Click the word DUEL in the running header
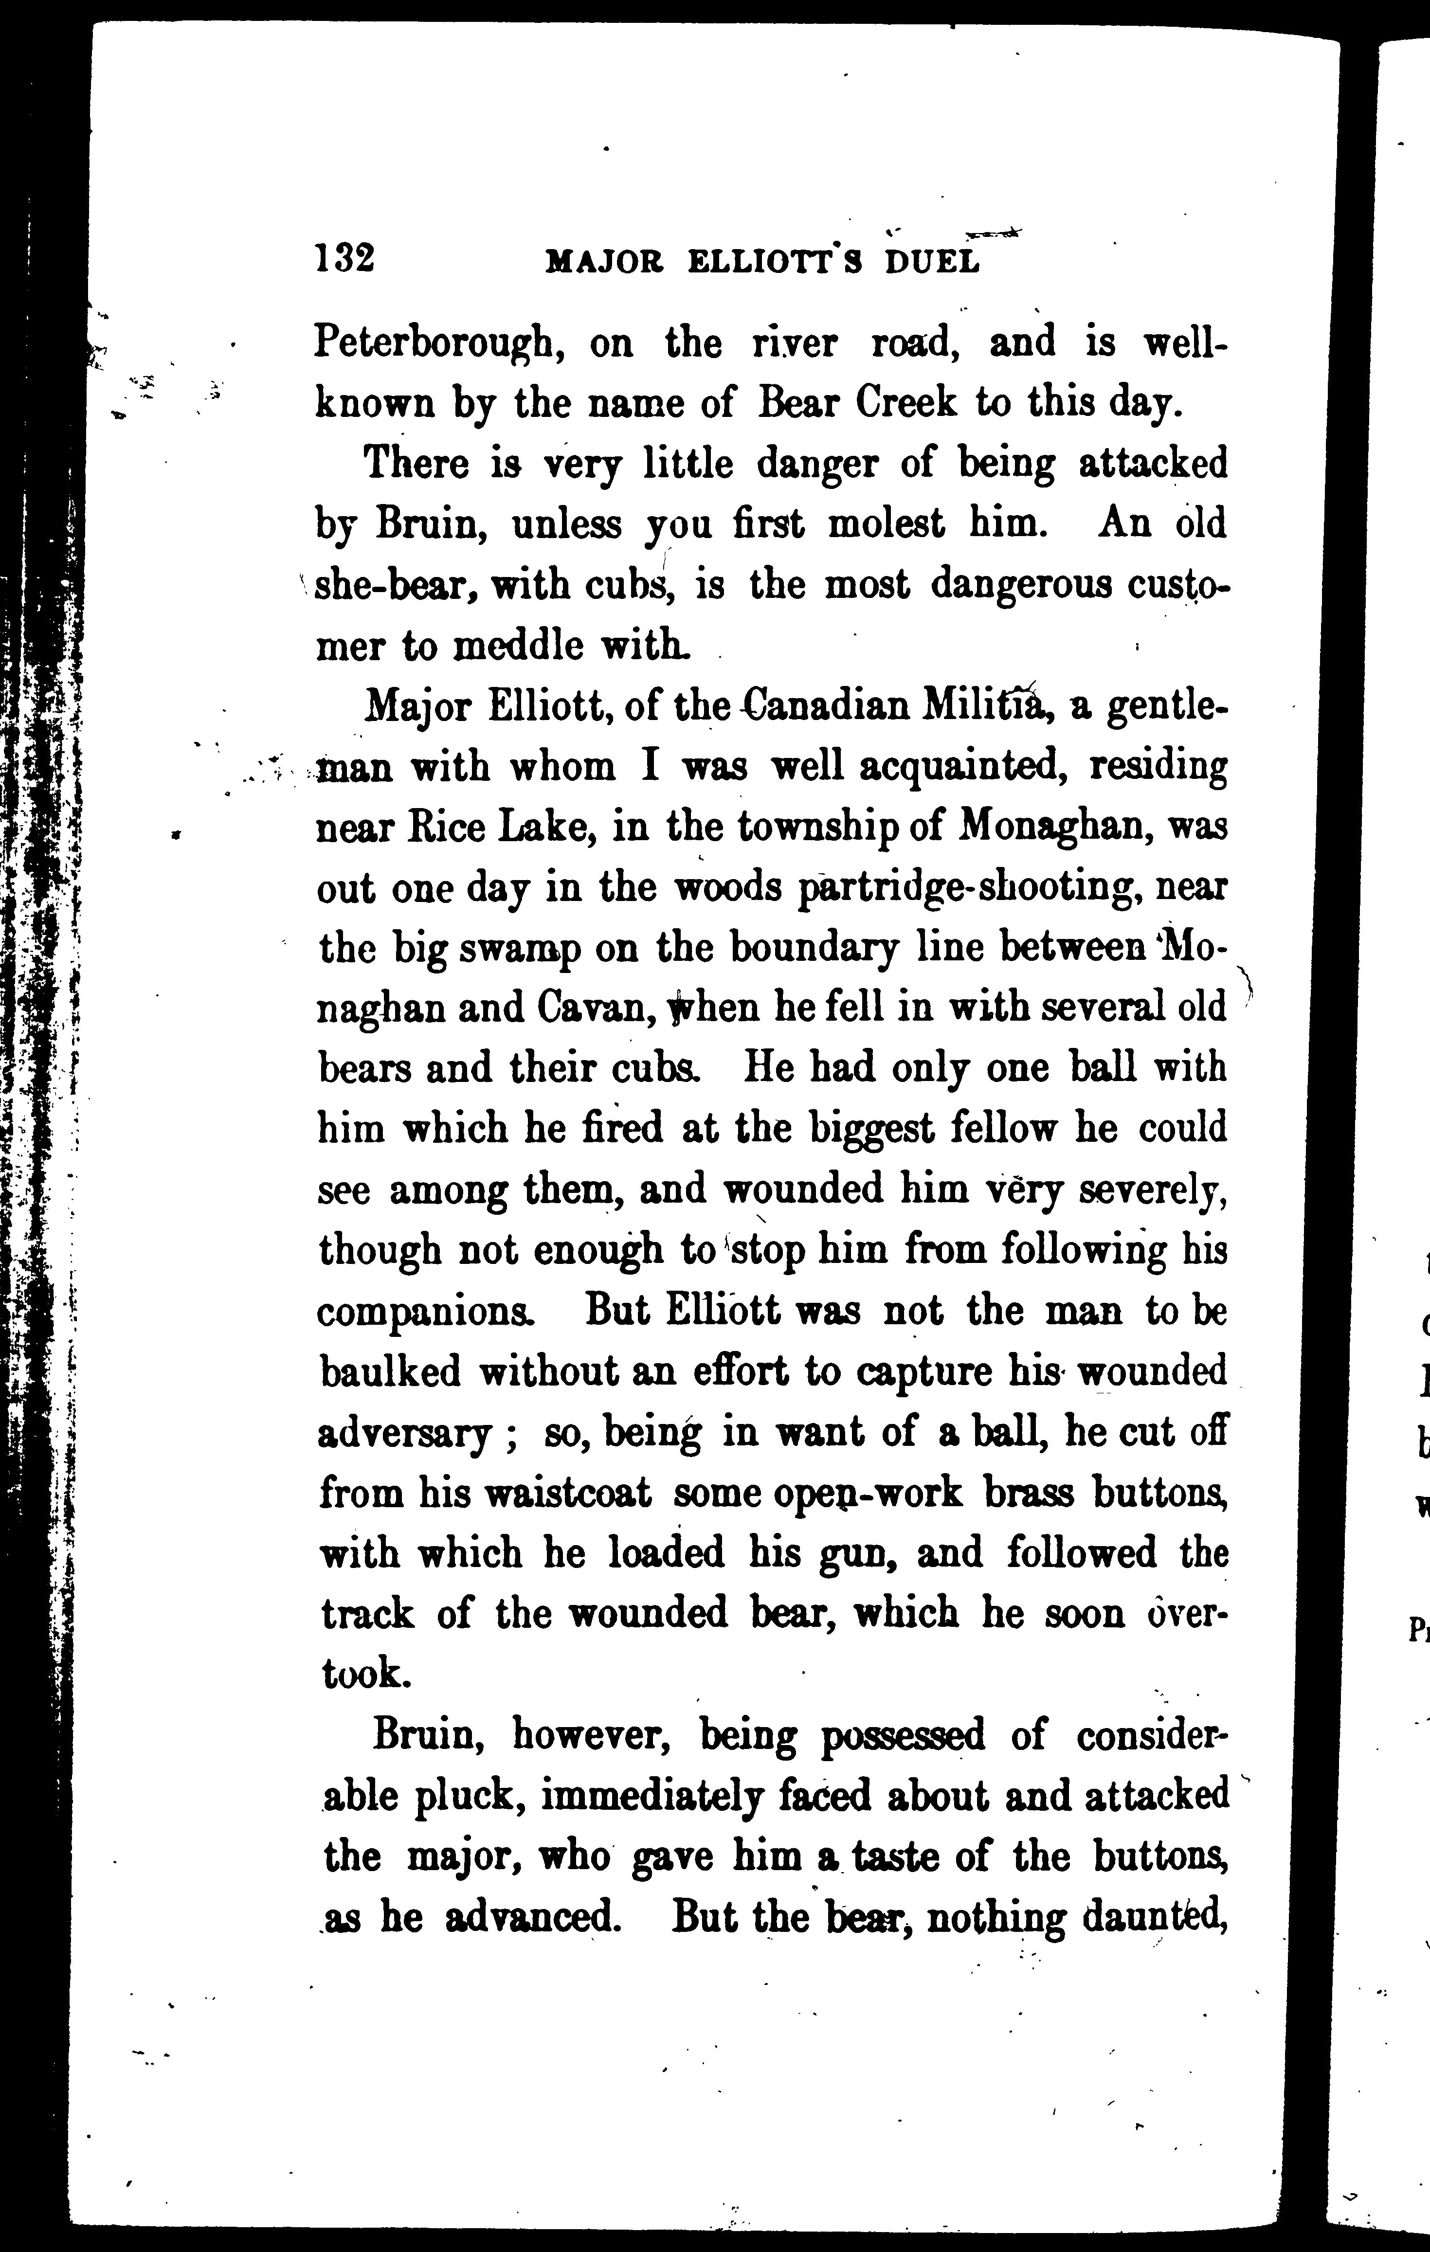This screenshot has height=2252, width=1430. (931, 263)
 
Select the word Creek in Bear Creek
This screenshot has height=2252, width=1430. (907, 403)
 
